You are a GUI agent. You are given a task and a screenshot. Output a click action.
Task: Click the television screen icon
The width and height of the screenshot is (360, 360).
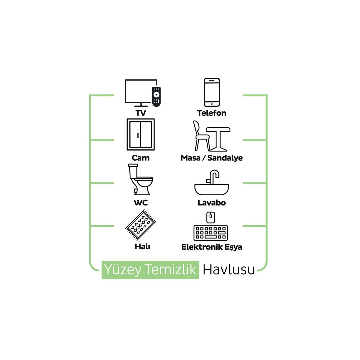click(x=139, y=91)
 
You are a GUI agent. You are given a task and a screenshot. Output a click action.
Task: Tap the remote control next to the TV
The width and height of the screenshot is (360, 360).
click(x=156, y=96)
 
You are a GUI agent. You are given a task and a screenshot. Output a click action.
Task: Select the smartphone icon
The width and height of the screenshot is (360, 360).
click(x=212, y=92)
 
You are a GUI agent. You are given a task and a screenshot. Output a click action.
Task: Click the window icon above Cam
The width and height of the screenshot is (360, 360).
click(x=141, y=134)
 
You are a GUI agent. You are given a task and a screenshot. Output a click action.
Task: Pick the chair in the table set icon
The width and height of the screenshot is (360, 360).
click(x=200, y=136)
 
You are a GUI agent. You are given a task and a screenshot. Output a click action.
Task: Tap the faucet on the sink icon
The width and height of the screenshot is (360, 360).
click(x=214, y=177)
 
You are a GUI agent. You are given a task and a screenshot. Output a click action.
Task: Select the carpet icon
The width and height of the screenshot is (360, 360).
click(x=141, y=225)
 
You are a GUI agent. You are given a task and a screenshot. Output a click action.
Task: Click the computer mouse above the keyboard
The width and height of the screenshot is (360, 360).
click(x=211, y=217)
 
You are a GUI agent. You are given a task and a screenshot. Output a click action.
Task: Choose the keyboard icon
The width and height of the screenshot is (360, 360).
click(x=211, y=233)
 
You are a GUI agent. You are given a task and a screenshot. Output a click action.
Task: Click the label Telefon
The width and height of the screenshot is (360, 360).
click(x=212, y=113)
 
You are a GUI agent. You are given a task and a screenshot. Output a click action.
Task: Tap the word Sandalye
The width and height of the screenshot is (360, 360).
click(x=225, y=158)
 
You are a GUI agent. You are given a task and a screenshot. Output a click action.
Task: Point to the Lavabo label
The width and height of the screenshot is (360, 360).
click(x=212, y=203)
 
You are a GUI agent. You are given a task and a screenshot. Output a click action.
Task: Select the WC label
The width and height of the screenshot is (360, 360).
click(x=141, y=203)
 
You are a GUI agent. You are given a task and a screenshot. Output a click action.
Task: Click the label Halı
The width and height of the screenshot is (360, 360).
click(x=142, y=247)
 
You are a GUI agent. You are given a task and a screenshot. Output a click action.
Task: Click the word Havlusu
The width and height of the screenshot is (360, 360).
click(x=229, y=270)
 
